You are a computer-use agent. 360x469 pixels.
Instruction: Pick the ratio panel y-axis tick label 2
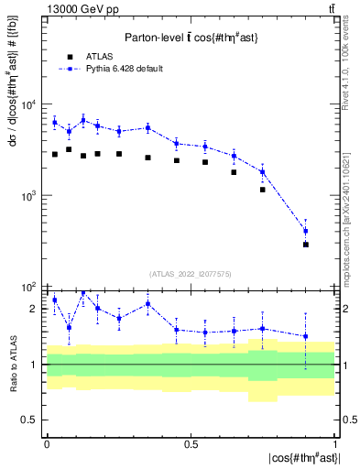tap(34, 309)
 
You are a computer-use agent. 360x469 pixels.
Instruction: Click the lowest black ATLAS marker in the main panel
tap(306, 245)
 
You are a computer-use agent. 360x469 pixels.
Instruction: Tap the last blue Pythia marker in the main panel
tap(306, 231)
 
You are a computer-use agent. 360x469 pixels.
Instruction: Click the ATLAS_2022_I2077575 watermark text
tap(191, 273)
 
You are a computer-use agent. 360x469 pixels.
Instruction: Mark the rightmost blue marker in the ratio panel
tap(306, 336)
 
